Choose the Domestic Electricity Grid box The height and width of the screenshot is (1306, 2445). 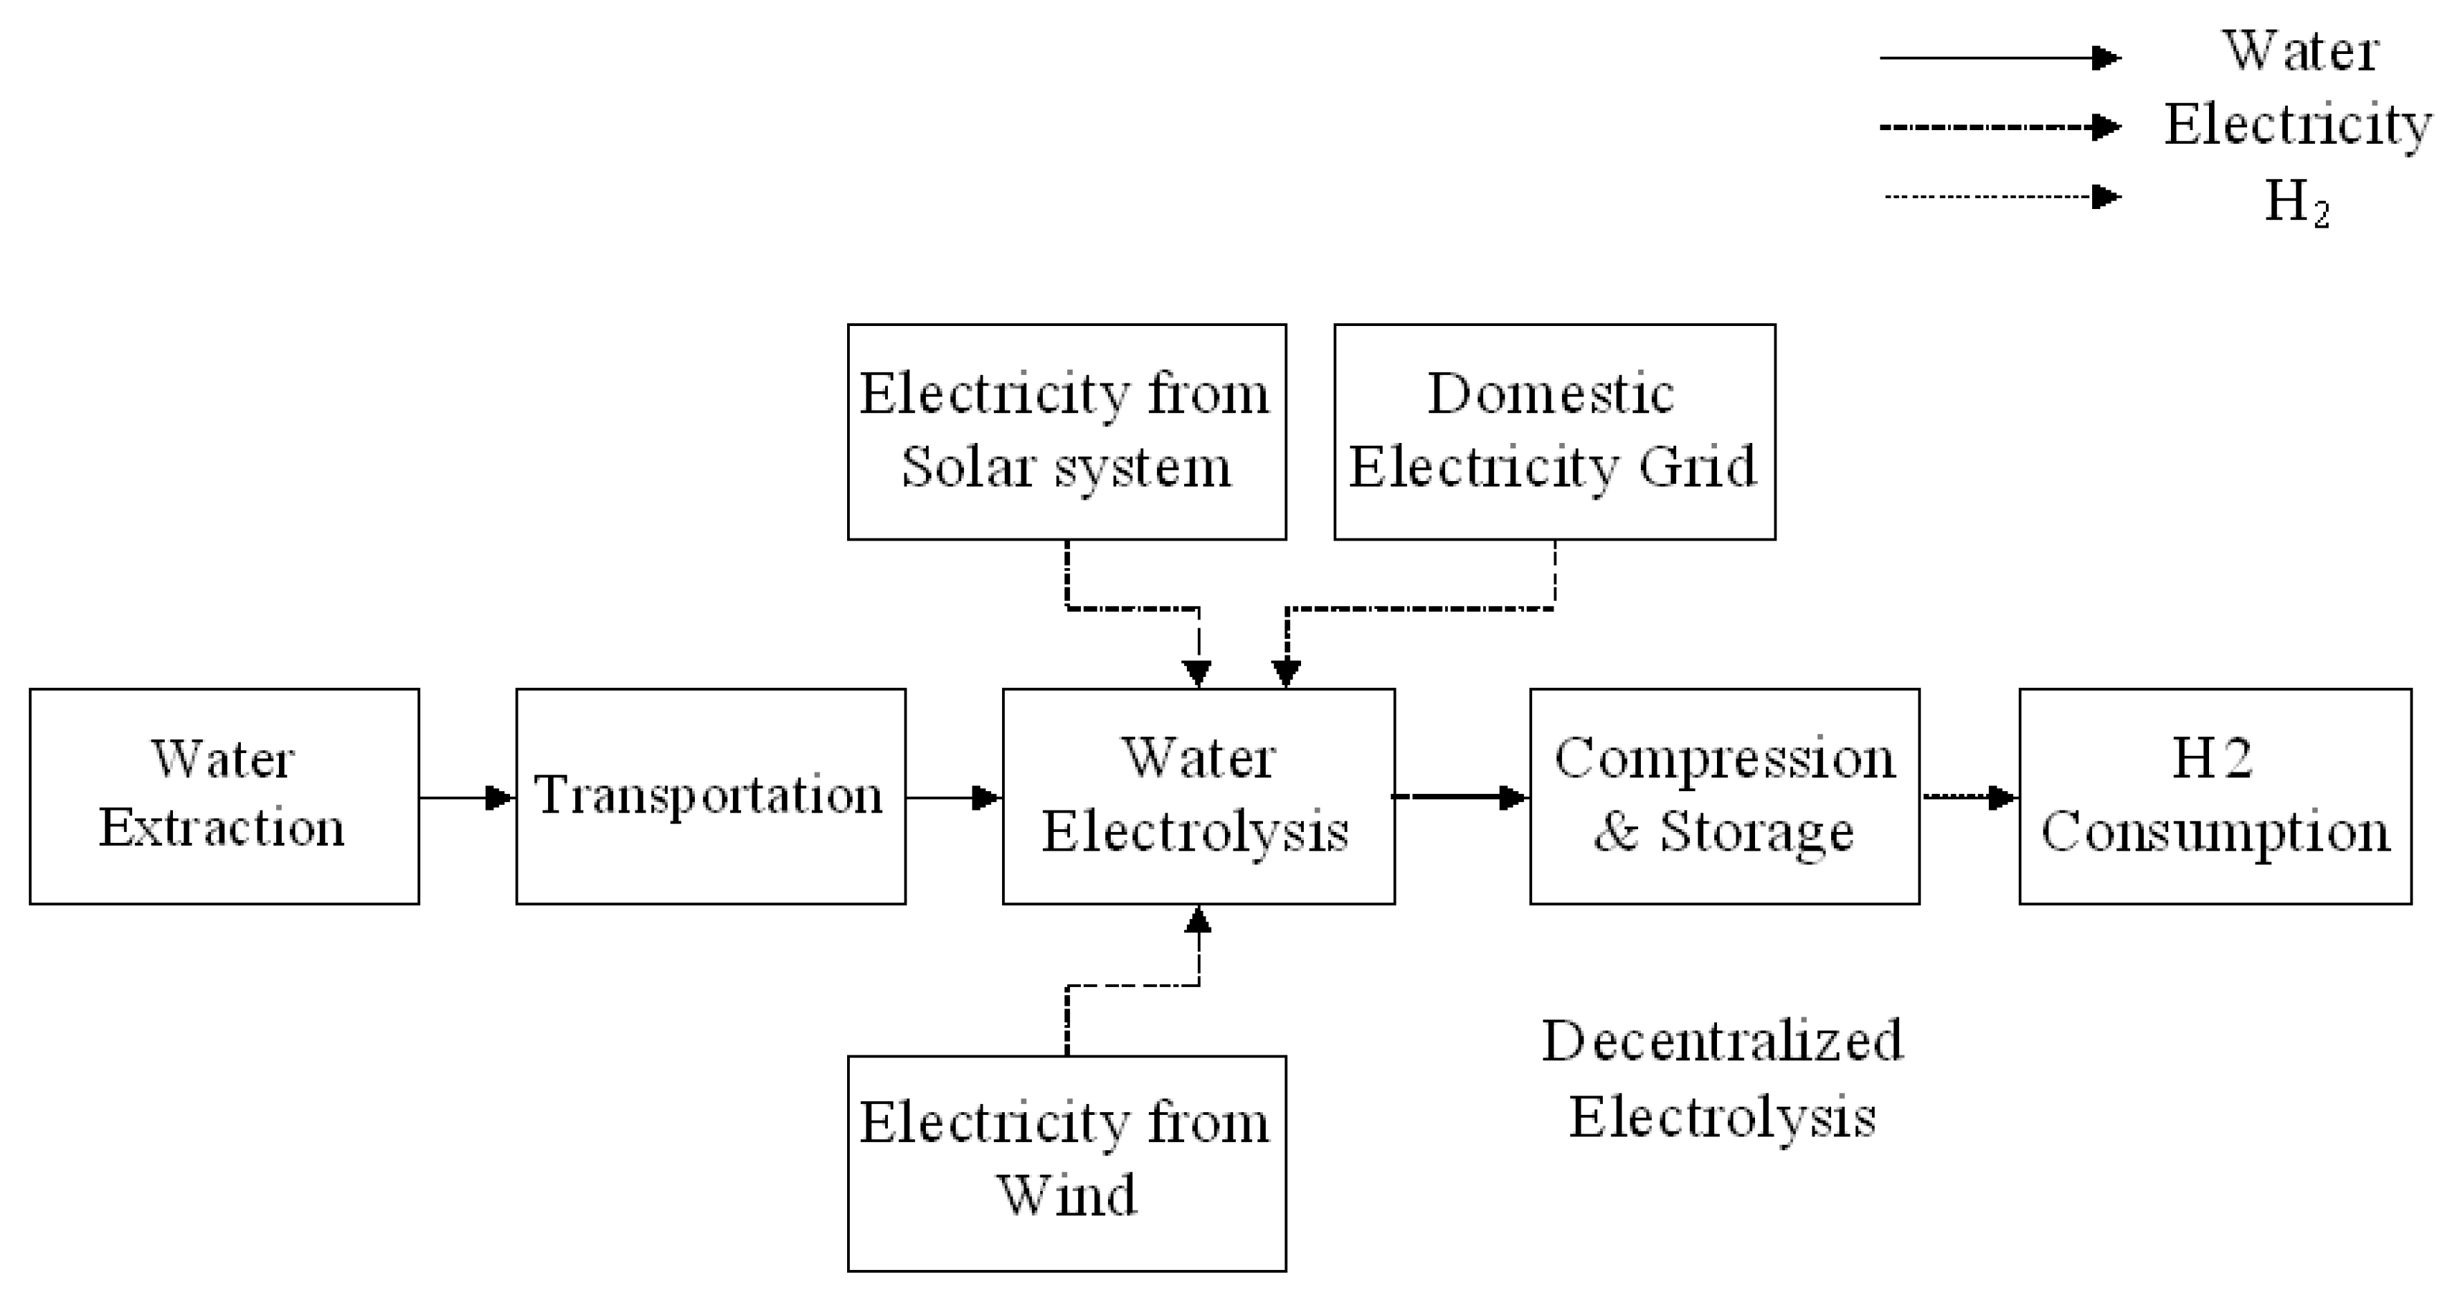pos(1554,432)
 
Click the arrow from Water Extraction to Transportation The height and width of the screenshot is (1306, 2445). pos(467,797)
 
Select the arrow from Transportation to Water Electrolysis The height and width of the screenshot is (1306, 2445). pos(954,797)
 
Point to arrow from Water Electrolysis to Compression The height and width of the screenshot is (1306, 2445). pos(1462,797)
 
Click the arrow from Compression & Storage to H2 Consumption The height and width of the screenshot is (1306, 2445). pos(1970,797)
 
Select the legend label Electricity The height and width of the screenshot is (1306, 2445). pos(2297,125)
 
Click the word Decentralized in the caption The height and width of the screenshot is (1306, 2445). pos(1722,1041)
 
